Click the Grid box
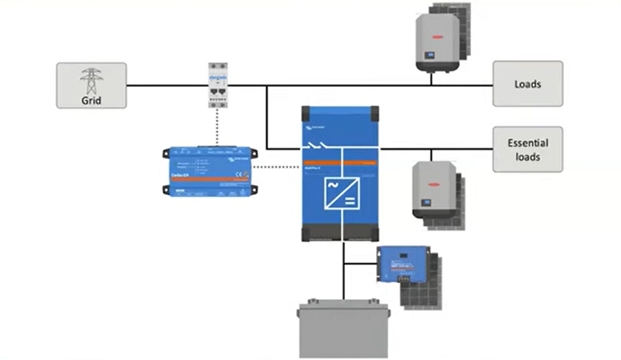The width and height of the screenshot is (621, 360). tap(91, 85)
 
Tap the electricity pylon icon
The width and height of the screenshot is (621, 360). tap(91, 79)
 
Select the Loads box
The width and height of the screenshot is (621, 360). tap(527, 84)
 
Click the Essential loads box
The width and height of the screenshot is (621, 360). tap(527, 150)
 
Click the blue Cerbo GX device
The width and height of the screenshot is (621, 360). tap(208, 171)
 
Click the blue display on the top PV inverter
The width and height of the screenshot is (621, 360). tap(429, 55)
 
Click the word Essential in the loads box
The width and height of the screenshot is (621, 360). tap(527, 143)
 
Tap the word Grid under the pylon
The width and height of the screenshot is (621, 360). tap(91, 101)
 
